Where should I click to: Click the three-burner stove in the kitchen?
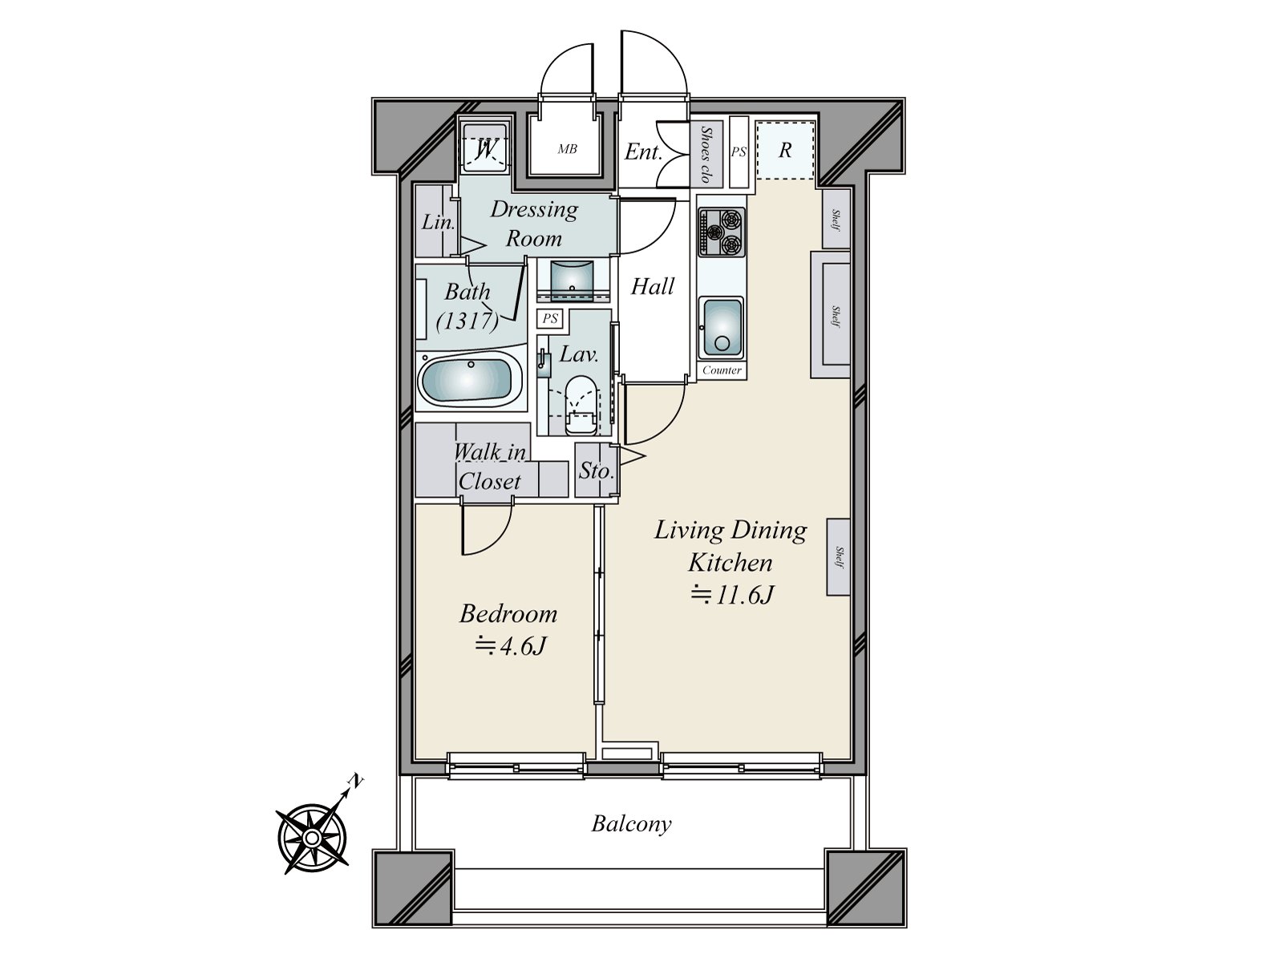click(721, 232)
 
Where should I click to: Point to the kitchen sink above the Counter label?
click(720, 327)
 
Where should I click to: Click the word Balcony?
click(631, 823)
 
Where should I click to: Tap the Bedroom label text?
click(508, 614)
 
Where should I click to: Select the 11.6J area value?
click(731, 595)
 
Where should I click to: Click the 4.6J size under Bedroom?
click(511, 645)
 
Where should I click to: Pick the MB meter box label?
click(567, 149)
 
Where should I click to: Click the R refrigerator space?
click(785, 150)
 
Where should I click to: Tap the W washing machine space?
click(484, 149)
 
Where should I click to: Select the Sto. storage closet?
click(595, 471)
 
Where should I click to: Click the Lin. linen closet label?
click(438, 222)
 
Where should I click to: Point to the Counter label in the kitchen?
click(722, 370)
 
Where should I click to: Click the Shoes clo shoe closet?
click(706, 153)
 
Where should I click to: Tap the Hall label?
click(652, 286)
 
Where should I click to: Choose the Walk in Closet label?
click(489, 467)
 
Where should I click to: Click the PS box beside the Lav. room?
click(550, 318)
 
